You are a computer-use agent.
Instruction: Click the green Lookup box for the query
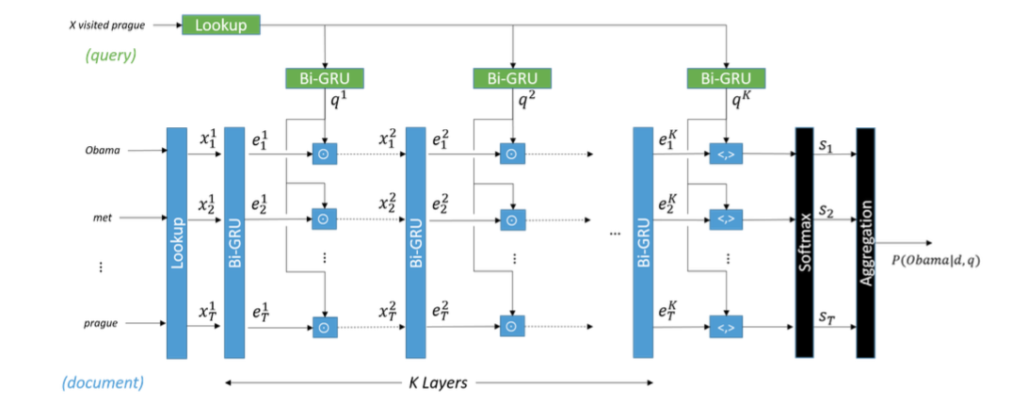click(221, 25)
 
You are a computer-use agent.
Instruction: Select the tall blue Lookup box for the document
click(177, 243)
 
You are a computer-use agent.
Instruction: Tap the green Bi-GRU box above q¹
click(324, 78)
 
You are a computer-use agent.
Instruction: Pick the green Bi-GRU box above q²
click(512, 78)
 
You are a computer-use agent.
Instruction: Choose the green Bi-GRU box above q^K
click(726, 78)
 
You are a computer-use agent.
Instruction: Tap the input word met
click(104, 218)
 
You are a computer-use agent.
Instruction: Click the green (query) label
click(110, 56)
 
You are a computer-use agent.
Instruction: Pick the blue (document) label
click(102, 383)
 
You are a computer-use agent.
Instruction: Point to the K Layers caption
click(441, 382)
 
